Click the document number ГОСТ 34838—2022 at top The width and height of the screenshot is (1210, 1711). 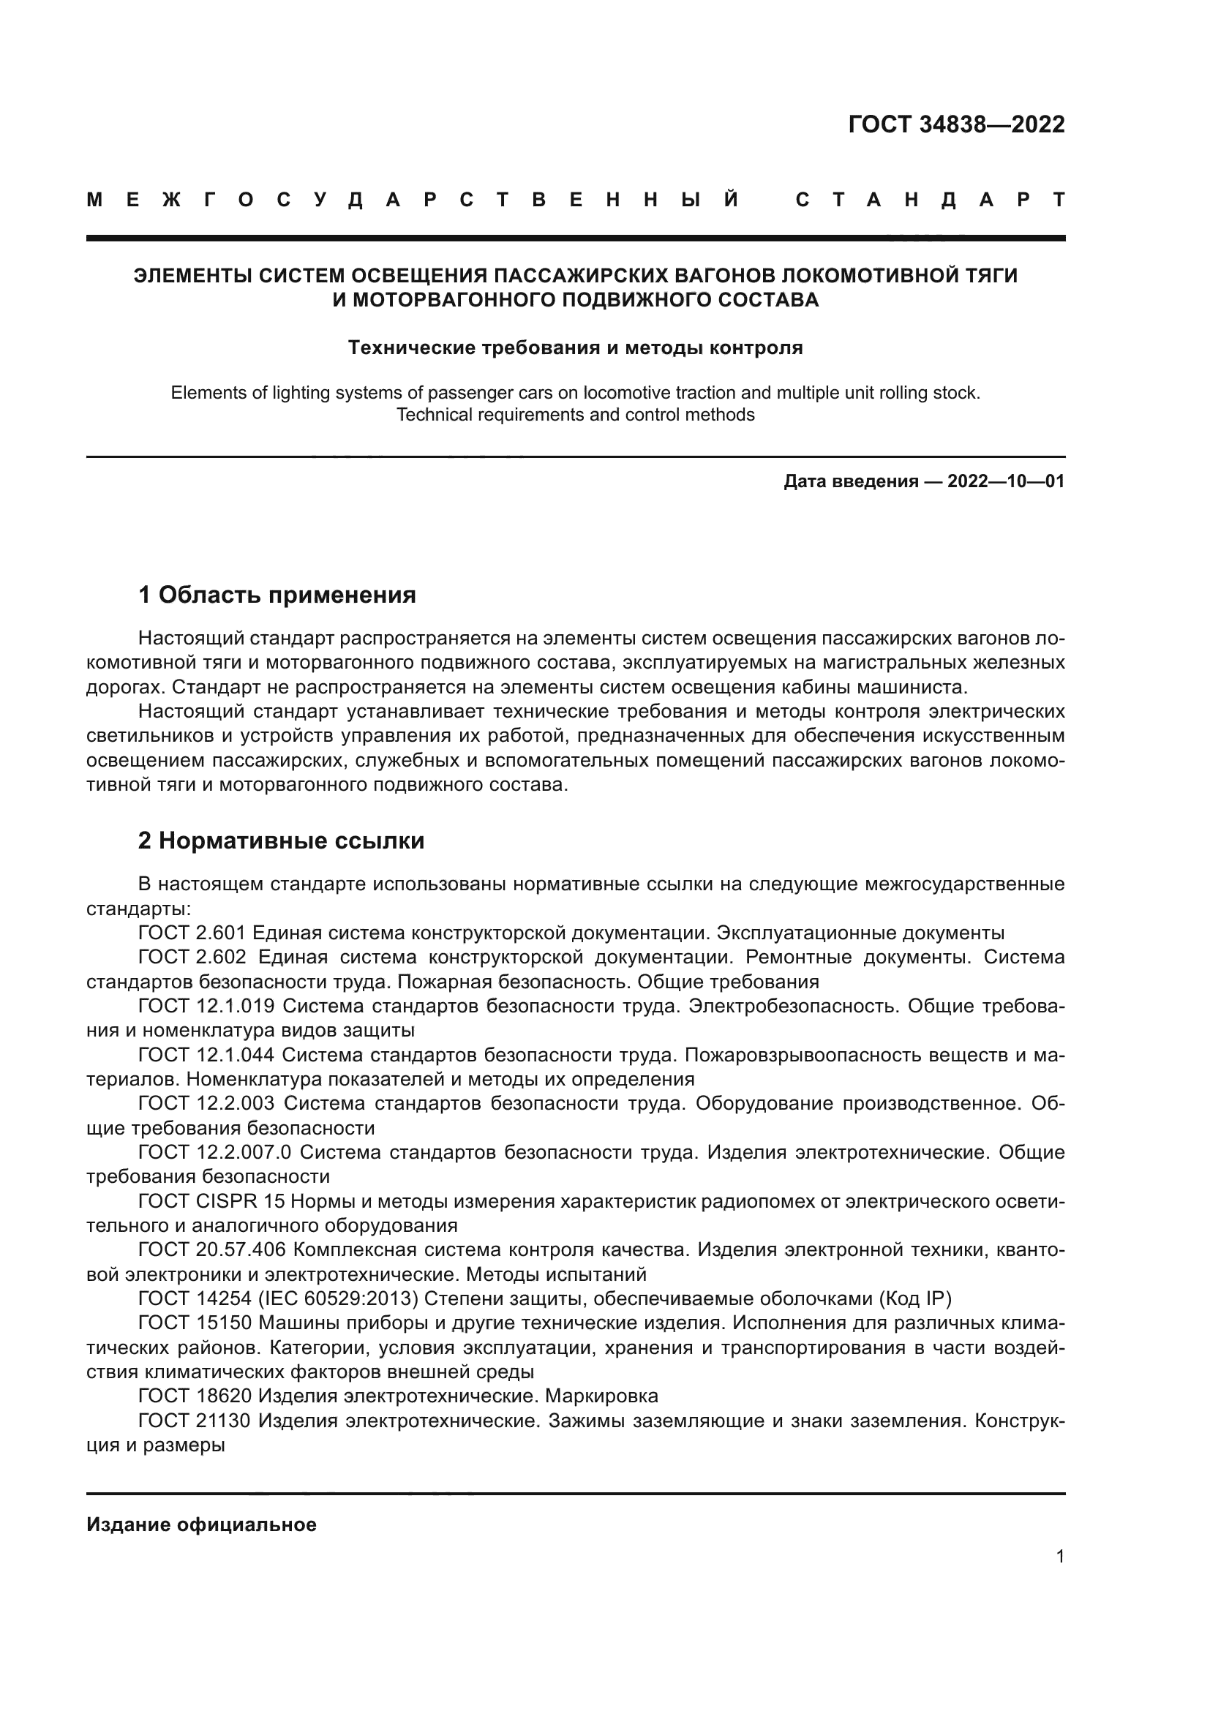click(956, 124)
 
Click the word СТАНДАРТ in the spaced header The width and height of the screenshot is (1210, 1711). click(930, 200)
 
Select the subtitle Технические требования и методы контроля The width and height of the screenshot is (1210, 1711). click(575, 348)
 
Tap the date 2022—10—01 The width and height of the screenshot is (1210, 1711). click(1006, 481)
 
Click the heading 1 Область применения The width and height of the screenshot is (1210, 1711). click(277, 595)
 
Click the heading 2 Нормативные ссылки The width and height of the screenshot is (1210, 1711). click(281, 841)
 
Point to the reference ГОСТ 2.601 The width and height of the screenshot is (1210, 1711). click(192, 933)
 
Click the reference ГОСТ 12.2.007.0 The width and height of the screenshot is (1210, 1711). click(214, 1153)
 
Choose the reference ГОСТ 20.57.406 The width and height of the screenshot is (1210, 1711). click(211, 1250)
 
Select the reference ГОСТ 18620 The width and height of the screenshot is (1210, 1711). click(195, 1396)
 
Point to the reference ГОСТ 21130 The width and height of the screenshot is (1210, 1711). click(195, 1421)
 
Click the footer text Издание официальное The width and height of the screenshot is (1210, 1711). click(201, 1524)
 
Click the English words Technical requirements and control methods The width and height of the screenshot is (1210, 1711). click(575, 415)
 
